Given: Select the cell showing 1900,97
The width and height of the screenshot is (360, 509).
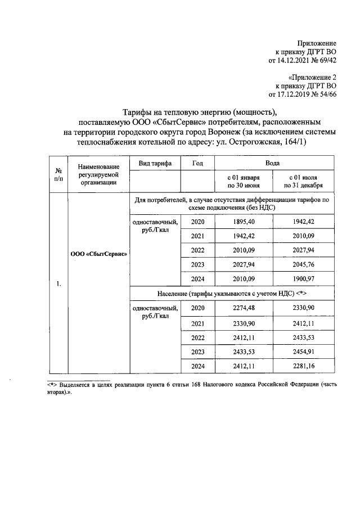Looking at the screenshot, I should coord(303,280).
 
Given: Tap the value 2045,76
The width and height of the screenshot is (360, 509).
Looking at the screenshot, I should coord(303,265).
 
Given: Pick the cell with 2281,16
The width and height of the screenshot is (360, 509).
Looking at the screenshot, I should coord(303,366).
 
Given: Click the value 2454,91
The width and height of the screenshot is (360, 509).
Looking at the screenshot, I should coord(303,352).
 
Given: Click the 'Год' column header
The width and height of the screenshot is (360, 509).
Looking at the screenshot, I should coord(197,163).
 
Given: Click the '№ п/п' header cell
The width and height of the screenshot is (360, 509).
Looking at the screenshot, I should coord(58,173).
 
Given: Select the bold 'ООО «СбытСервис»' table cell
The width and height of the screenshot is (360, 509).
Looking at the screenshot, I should coord(98,253).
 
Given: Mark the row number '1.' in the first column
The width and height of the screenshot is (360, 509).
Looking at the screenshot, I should coord(58,283).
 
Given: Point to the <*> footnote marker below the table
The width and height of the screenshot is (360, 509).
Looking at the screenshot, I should coord(52,385).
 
